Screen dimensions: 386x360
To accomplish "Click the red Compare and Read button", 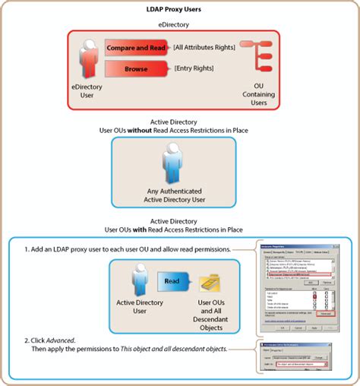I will point(137,47).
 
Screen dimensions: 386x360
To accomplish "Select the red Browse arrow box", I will point(137,70).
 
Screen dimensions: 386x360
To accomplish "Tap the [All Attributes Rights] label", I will point(205,47).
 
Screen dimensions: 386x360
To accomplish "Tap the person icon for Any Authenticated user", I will point(172,165).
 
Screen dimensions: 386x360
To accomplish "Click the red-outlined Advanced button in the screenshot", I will point(326,313).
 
